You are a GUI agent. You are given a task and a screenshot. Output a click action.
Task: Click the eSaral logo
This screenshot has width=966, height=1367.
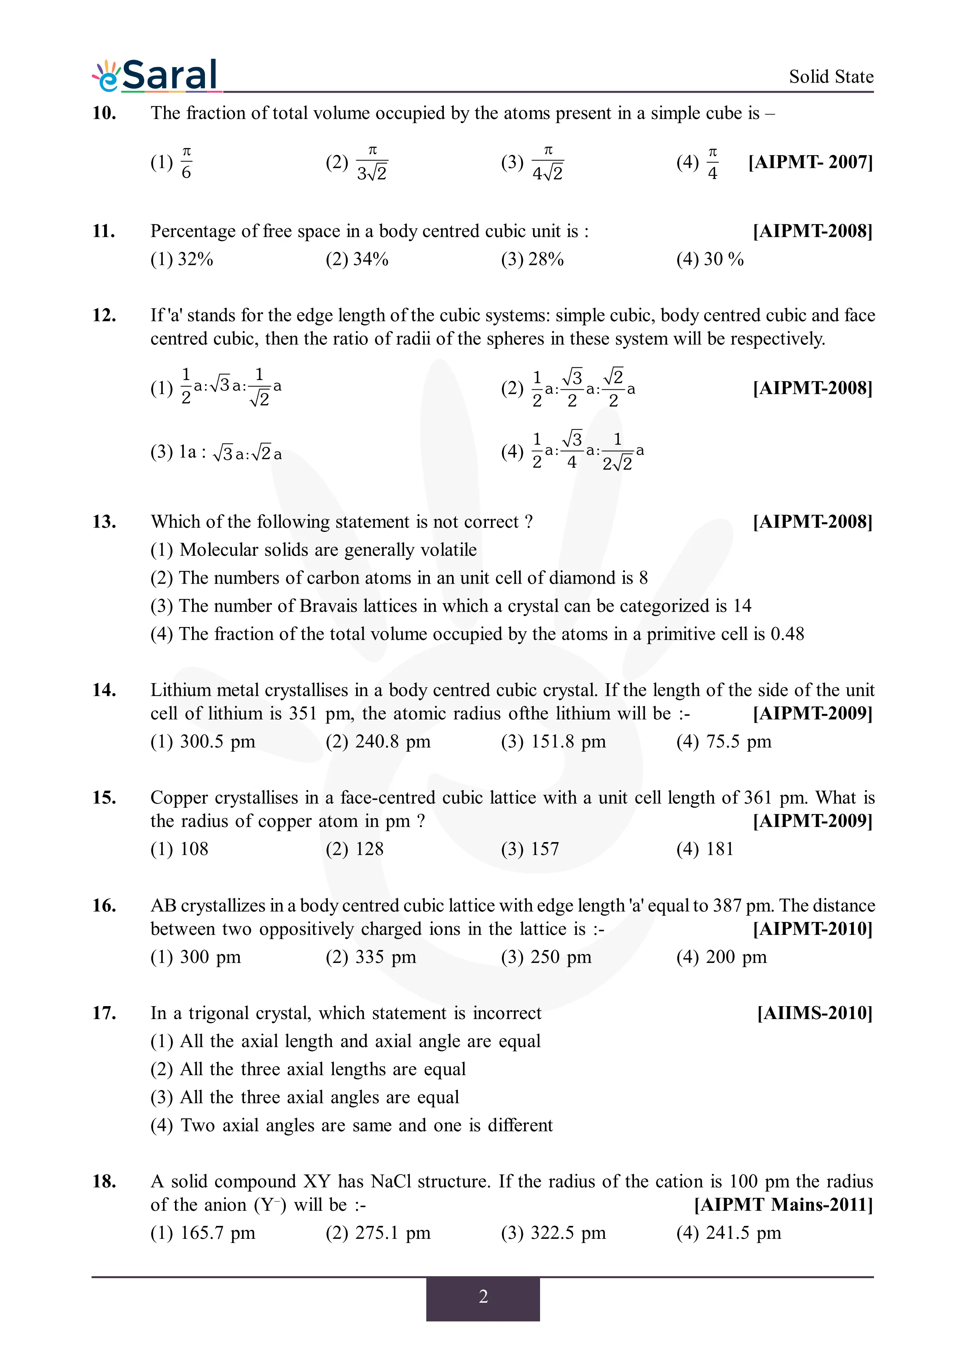click(156, 76)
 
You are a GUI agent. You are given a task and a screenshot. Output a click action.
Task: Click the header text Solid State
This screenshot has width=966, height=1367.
click(830, 77)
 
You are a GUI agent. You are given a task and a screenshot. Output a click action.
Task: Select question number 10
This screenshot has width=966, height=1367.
click(104, 113)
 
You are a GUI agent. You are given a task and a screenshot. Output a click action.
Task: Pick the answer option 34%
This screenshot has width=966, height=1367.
click(357, 260)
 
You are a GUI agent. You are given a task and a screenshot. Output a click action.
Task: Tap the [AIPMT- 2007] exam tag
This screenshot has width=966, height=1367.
click(810, 162)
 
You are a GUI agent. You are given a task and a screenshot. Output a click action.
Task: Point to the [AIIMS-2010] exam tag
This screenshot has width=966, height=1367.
click(814, 1013)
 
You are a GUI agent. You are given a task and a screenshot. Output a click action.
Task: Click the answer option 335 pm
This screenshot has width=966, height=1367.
click(371, 957)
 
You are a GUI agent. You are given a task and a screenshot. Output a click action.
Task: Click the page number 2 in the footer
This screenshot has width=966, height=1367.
click(483, 1296)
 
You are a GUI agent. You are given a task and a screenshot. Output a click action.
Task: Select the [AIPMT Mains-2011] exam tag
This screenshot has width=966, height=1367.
click(783, 1205)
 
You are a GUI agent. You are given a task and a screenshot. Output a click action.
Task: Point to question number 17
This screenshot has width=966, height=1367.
click(104, 1013)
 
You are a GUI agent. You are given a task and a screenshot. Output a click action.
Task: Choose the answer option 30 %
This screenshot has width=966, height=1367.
click(710, 260)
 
